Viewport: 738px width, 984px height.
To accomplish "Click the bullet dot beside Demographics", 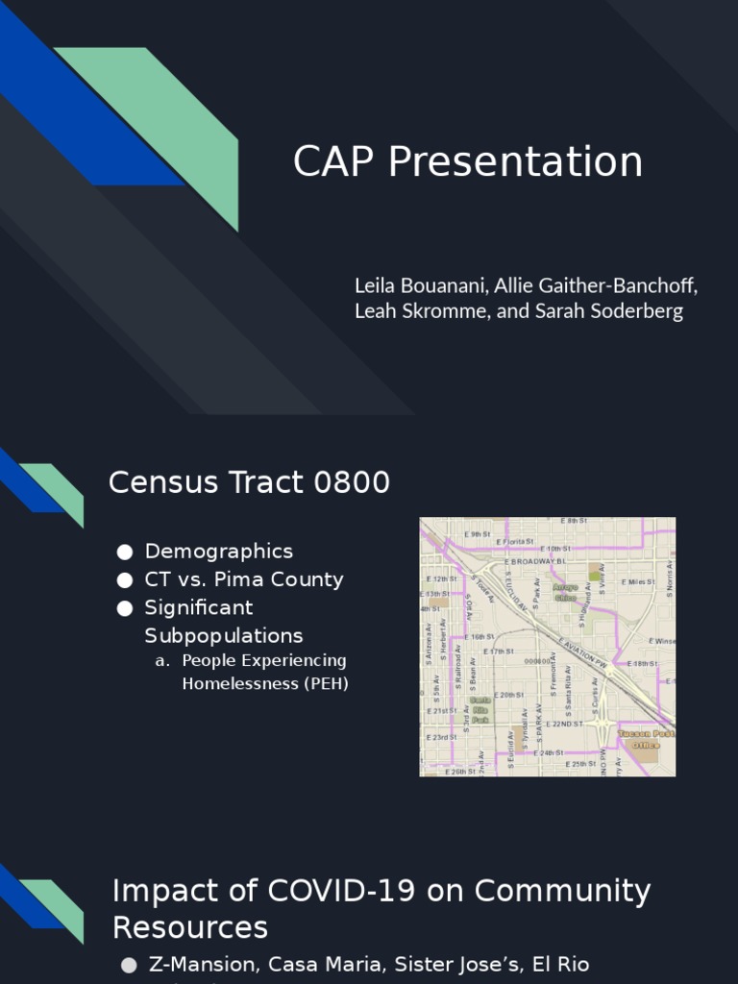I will (124, 552).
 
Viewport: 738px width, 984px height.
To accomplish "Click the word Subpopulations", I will (224, 636).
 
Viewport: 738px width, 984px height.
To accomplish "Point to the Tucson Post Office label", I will (647, 739).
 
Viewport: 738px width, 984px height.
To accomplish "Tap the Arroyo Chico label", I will (565, 591).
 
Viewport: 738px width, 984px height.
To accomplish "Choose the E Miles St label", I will (637, 582).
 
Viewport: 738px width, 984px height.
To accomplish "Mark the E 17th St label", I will (499, 652).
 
